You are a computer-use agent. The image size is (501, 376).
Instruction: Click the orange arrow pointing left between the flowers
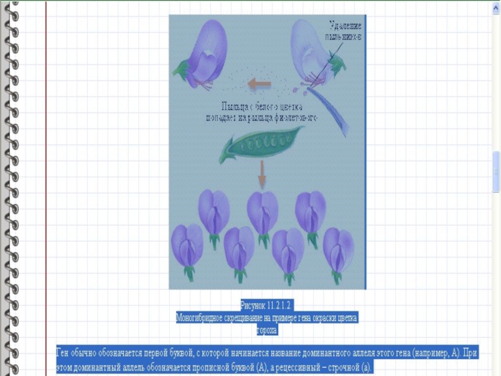tap(258, 83)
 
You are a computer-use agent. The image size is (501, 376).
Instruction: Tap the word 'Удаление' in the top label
tap(345, 26)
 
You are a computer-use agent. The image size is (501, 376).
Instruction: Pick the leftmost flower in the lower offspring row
tap(187, 248)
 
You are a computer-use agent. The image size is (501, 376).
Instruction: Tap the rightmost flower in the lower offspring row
tap(338, 251)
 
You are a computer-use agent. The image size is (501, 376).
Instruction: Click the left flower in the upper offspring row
tap(214, 213)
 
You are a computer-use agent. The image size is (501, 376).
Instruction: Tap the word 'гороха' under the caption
tap(267, 330)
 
